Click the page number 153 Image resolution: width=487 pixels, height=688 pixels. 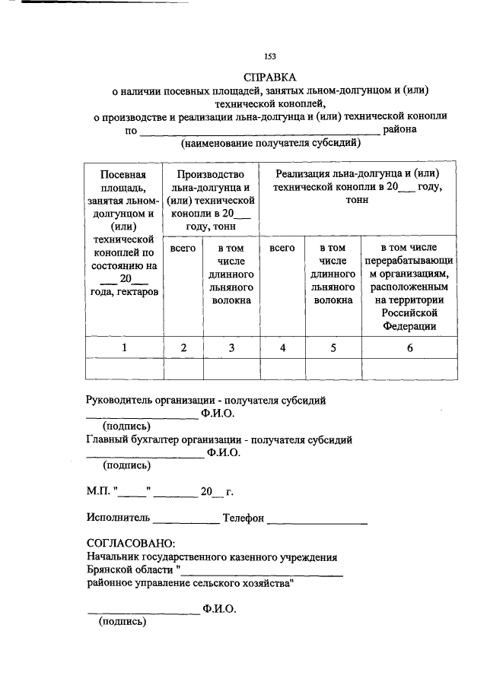point(269,56)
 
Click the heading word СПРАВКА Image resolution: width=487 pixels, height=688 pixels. point(270,78)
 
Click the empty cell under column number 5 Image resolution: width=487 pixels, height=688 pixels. point(333,369)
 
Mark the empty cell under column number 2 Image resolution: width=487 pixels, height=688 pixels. point(183,369)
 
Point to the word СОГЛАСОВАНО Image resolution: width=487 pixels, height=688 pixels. point(130,544)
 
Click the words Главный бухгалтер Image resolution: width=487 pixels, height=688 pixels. point(133,440)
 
